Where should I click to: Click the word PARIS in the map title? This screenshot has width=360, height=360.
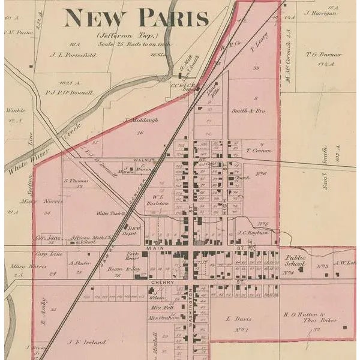pyautogui.click(x=174, y=17)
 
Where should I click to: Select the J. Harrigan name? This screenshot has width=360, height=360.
pyautogui.click(x=317, y=13)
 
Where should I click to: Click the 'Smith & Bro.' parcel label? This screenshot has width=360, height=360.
pyautogui.click(x=248, y=110)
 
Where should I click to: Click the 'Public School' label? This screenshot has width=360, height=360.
pyautogui.click(x=295, y=261)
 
